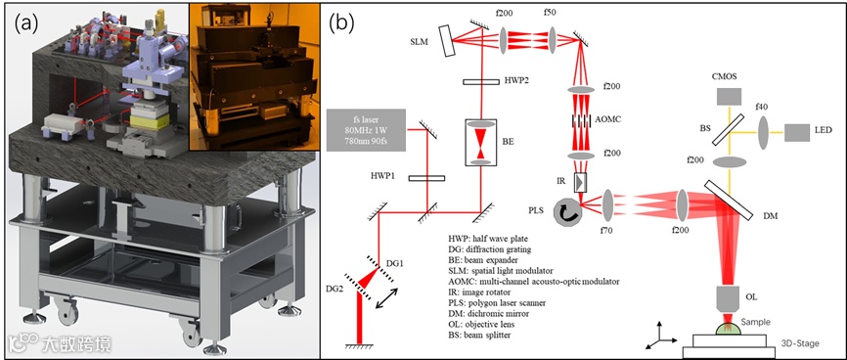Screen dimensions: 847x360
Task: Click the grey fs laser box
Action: click(x=366, y=130)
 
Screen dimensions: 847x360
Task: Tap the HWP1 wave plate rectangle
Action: click(x=426, y=178)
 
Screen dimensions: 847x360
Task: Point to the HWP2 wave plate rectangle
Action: click(x=481, y=81)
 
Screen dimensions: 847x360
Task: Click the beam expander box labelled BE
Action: click(x=481, y=142)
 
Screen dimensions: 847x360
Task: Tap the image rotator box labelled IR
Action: click(x=580, y=183)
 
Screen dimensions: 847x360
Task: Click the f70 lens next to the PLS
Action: click(x=607, y=205)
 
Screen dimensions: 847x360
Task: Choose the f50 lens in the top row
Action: click(x=553, y=39)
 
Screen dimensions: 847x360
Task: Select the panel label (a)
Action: click(x=27, y=22)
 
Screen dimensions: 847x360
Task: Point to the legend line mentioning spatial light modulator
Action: click(x=496, y=270)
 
